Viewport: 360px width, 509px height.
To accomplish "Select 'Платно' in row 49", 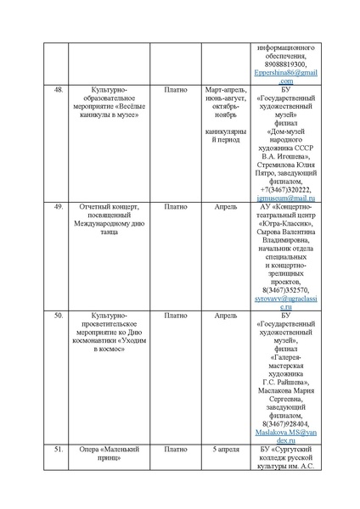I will point(176,205).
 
